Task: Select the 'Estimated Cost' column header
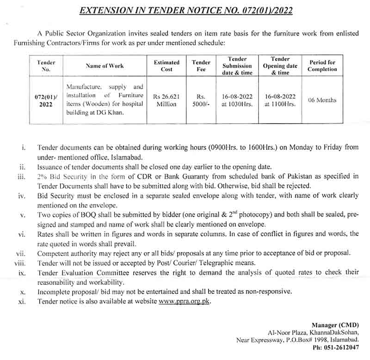[x=166, y=66]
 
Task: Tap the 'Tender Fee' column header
[x=201, y=66]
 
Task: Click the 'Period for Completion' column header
[x=322, y=66]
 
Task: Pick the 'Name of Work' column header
[x=105, y=66]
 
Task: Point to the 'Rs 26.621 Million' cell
[x=166, y=100]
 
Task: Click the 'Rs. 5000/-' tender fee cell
[x=201, y=100]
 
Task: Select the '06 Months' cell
[x=322, y=100]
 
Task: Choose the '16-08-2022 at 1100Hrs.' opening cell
[x=280, y=100]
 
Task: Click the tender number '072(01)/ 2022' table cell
[x=46, y=100]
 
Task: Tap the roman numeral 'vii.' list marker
[x=20, y=254]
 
